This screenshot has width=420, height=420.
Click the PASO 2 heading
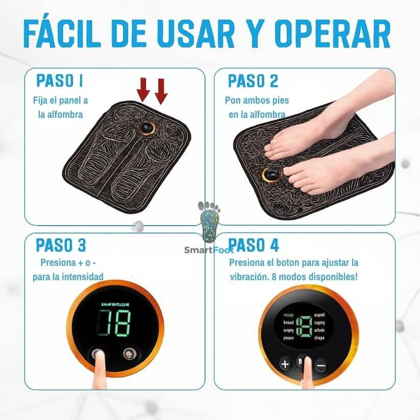pyautogui.click(x=253, y=81)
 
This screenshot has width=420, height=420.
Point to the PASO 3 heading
pyautogui.click(x=61, y=245)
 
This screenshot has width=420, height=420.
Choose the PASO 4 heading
pyautogui.click(x=254, y=245)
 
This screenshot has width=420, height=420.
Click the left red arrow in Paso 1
pyautogui.click(x=143, y=90)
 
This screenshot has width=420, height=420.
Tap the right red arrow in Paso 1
pyautogui.click(x=161, y=90)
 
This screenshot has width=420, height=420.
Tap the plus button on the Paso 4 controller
pyautogui.click(x=285, y=364)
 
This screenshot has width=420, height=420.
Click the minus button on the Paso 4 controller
pyautogui.click(x=320, y=365)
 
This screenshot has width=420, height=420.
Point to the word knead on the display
pyautogui.click(x=289, y=324)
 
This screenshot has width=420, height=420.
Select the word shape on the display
pyautogui.click(x=320, y=338)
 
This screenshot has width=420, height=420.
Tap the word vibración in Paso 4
pyautogui.click(x=252, y=276)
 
